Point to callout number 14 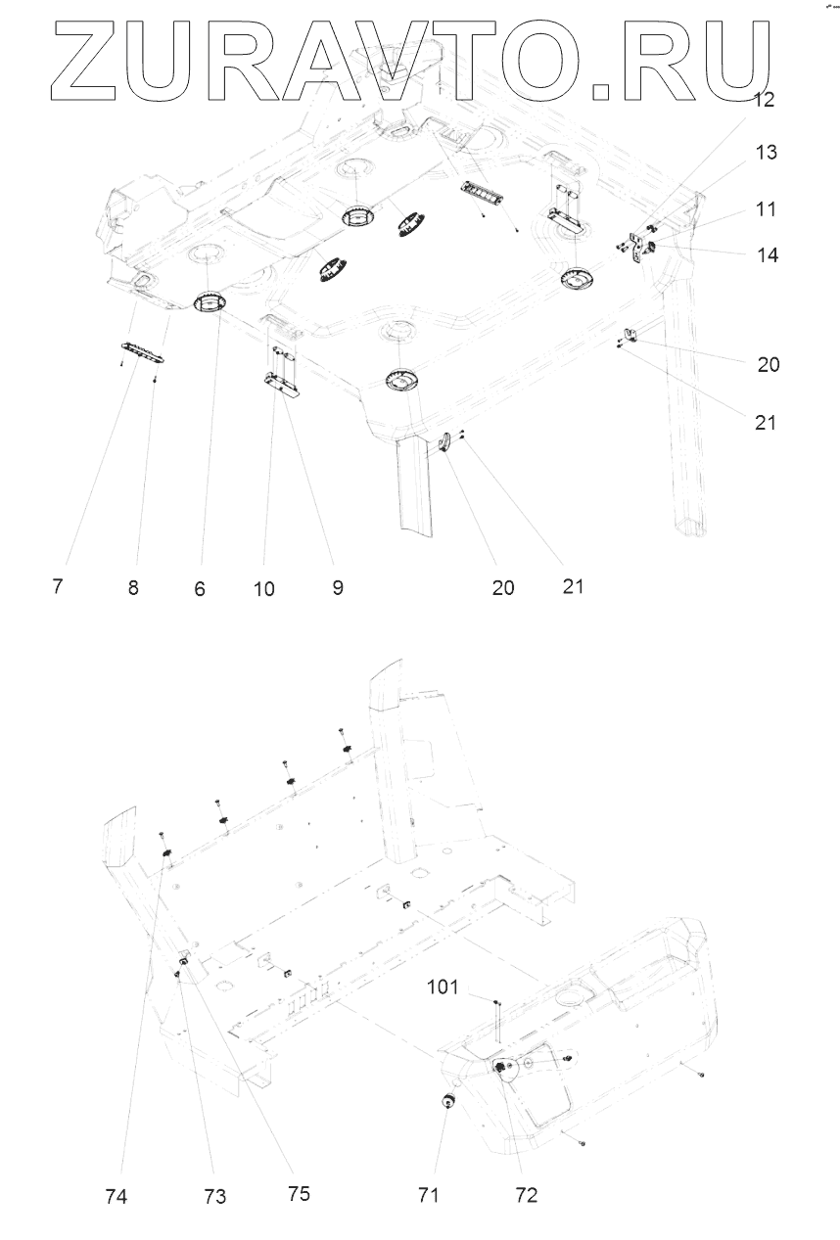[x=768, y=255]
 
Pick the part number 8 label [x=132, y=589]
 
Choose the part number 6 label [x=200, y=590]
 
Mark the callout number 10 [x=263, y=589]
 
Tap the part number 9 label [x=337, y=588]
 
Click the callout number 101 [x=443, y=986]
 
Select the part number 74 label [x=116, y=1196]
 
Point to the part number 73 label [x=214, y=1196]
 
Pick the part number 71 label [x=429, y=1195]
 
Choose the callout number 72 [x=526, y=1195]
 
